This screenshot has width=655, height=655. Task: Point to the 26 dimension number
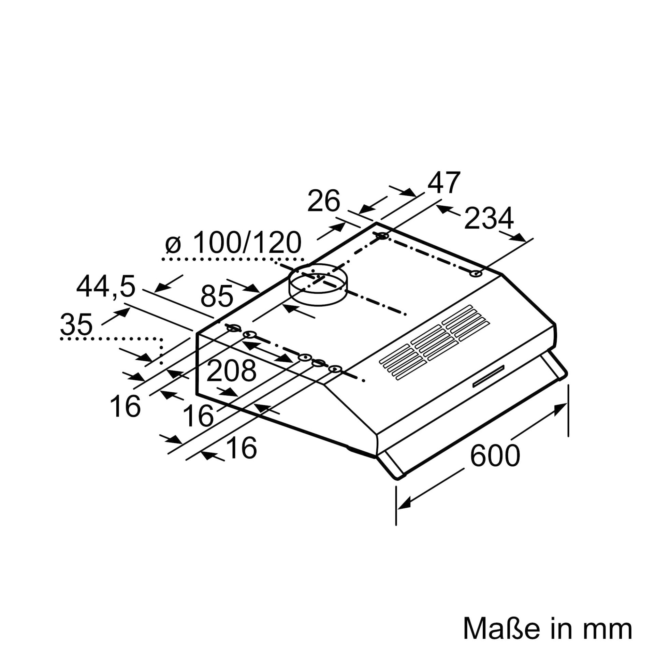tap(324, 202)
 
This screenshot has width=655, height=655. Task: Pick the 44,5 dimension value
tap(106, 277)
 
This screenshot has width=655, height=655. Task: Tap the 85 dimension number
tap(217, 296)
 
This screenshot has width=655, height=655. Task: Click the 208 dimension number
tap(231, 371)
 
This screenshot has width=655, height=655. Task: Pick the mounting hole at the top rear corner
tap(382, 236)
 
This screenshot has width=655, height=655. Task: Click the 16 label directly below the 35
tap(126, 406)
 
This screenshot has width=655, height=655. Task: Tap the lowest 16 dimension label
tap(242, 448)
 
